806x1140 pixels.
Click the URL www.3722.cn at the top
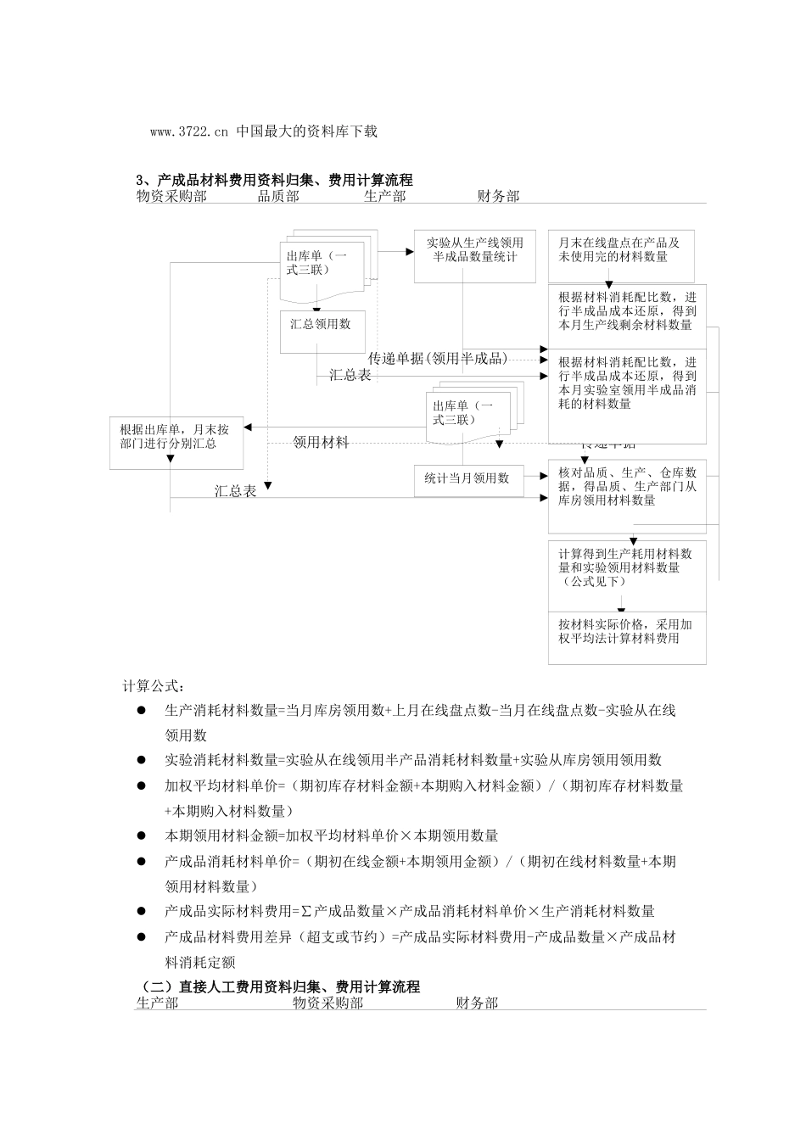click(189, 131)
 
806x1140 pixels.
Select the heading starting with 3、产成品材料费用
click(274, 180)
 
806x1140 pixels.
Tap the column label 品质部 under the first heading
click(278, 196)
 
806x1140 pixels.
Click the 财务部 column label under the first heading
click(498, 196)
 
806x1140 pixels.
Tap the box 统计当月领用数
click(467, 478)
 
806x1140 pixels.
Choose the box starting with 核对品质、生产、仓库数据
click(627, 486)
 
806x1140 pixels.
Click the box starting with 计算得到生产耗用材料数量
click(626, 567)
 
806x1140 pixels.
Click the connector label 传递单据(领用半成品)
click(438, 358)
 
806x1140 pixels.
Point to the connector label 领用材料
click(321, 442)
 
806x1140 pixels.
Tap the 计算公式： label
click(153, 686)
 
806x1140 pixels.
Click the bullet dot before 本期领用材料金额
click(142, 836)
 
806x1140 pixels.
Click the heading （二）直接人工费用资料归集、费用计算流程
click(280, 987)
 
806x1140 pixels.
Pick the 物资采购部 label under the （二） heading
click(328, 1003)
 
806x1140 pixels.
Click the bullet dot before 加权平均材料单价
click(142, 786)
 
